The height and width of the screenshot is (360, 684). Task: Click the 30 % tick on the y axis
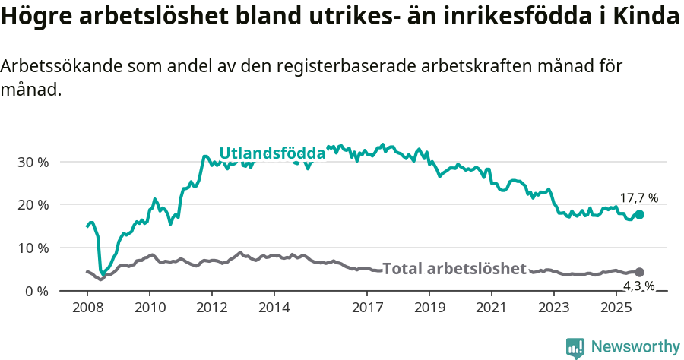click(x=33, y=162)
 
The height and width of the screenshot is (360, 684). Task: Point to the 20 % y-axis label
click(x=33, y=205)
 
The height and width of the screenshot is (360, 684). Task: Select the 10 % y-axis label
click(x=33, y=248)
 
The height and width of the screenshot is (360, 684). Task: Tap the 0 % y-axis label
click(x=36, y=291)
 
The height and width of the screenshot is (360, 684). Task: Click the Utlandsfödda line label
click(x=272, y=153)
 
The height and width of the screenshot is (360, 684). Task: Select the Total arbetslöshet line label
click(x=454, y=268)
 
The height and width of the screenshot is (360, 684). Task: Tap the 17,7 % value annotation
click(x=638, y=198)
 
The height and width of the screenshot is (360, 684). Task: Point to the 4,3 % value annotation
click(x=638, y=286)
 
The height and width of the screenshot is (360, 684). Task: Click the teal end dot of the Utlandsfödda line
click(x=639, y=215)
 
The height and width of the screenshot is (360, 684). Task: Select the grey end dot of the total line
click(x=639, y=272)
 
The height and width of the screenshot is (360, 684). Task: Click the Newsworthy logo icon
click(x=575, y=348)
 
